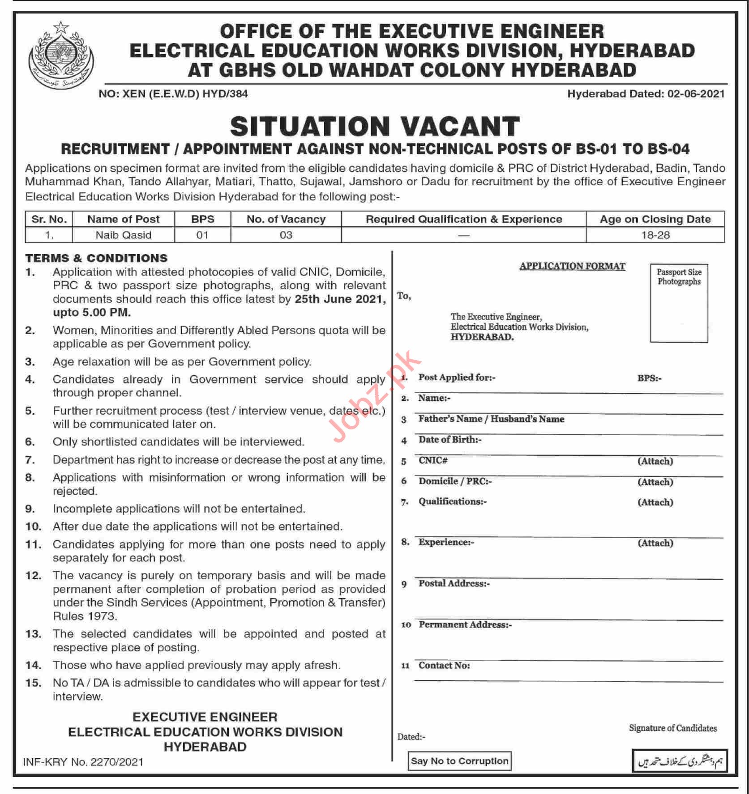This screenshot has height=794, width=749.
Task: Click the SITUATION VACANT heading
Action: [375, 126]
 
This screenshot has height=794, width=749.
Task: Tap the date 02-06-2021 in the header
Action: [695, 94]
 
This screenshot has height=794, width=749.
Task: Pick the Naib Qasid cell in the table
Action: [124, 235]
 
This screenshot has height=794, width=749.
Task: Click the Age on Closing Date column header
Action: [655, 219]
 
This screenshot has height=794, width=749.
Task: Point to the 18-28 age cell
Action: [655, 235]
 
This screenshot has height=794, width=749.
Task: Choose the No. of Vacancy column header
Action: [286, 219]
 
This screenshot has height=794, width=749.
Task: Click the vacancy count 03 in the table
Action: [286, 235]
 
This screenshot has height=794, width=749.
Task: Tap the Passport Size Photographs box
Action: [679, 303]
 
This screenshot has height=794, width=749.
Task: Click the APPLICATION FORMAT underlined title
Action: [572, 266]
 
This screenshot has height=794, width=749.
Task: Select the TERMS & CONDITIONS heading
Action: [96, 258]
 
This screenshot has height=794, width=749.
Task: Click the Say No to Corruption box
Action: [459, 761]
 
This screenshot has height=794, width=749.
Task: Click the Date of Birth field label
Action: [449, 440]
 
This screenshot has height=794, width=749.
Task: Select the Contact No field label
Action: [444, 666]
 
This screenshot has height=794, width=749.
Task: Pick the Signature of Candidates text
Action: [672, 728]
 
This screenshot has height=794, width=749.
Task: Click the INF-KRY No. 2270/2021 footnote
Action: [83, 762]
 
